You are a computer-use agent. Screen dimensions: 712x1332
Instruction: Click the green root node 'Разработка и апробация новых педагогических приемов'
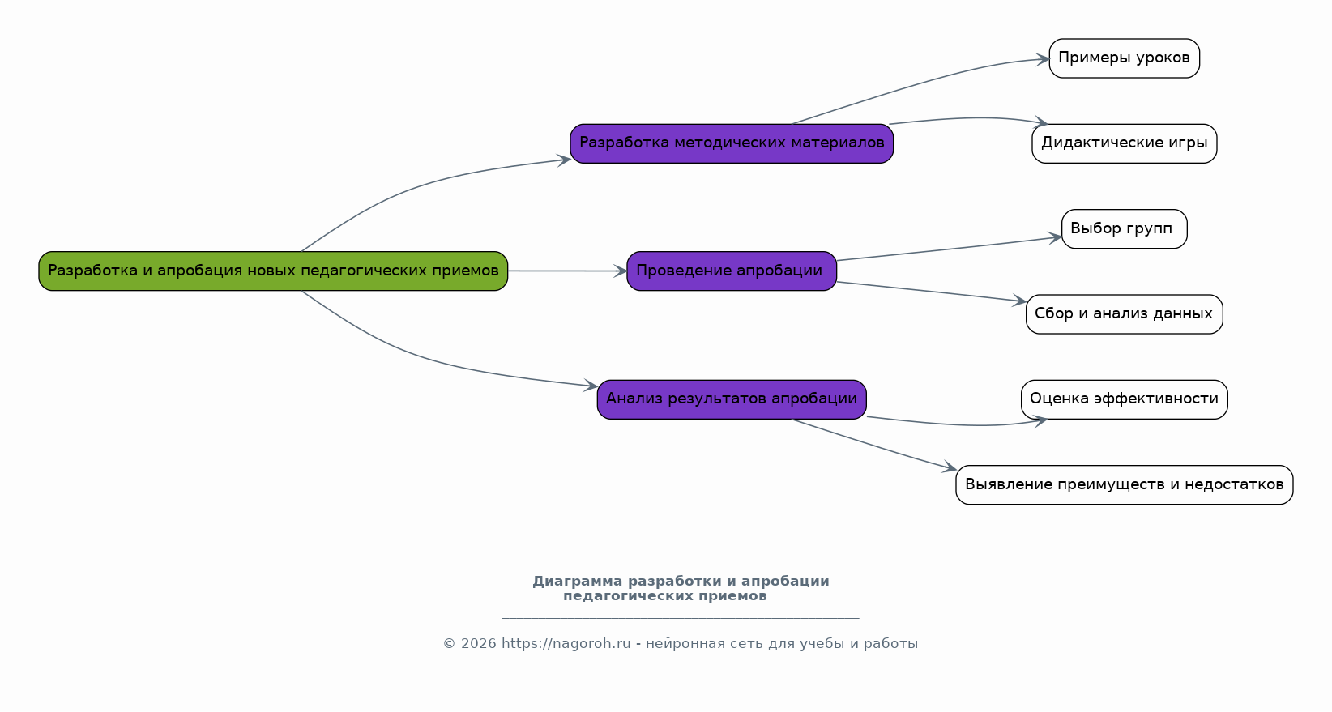(x=273, y=271)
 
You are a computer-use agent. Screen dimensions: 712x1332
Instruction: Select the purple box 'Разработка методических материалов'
(x=732, y=143)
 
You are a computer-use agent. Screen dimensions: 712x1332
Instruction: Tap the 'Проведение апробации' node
(x=732, y=271)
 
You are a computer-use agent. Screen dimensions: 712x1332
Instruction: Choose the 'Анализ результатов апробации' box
(x=732, y=399)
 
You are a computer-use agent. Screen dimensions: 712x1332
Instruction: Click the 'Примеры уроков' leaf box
(x=1124, y=58)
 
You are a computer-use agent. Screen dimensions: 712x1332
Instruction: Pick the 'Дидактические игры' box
(x=1124, y=143)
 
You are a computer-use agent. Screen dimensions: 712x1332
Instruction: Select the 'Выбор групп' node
(x=1124, y=228)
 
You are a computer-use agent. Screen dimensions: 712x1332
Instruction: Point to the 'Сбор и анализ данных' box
(x=1124, y=314)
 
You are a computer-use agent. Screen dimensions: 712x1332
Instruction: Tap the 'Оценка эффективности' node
(x=1124, y=399)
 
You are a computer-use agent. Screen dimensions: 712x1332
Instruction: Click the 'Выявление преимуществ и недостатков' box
(x=1124, y=484)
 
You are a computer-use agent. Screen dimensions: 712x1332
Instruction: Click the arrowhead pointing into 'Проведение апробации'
(x=621, y=271)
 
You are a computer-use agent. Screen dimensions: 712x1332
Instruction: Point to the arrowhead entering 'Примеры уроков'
(x=1044, y=59)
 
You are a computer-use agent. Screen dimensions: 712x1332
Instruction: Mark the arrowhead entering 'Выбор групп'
(x=1056, y=237)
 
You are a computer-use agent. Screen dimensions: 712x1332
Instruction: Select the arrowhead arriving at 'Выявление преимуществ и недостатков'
(x=950, y=467)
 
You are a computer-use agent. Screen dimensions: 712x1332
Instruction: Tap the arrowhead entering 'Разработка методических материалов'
(x=565, y=160)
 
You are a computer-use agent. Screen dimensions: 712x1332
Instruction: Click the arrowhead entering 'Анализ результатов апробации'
(x=591, y=386)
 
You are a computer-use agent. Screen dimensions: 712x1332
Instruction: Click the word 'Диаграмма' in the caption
(x=577, y=582)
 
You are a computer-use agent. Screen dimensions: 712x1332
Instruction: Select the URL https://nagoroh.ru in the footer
(x=566, y=644)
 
